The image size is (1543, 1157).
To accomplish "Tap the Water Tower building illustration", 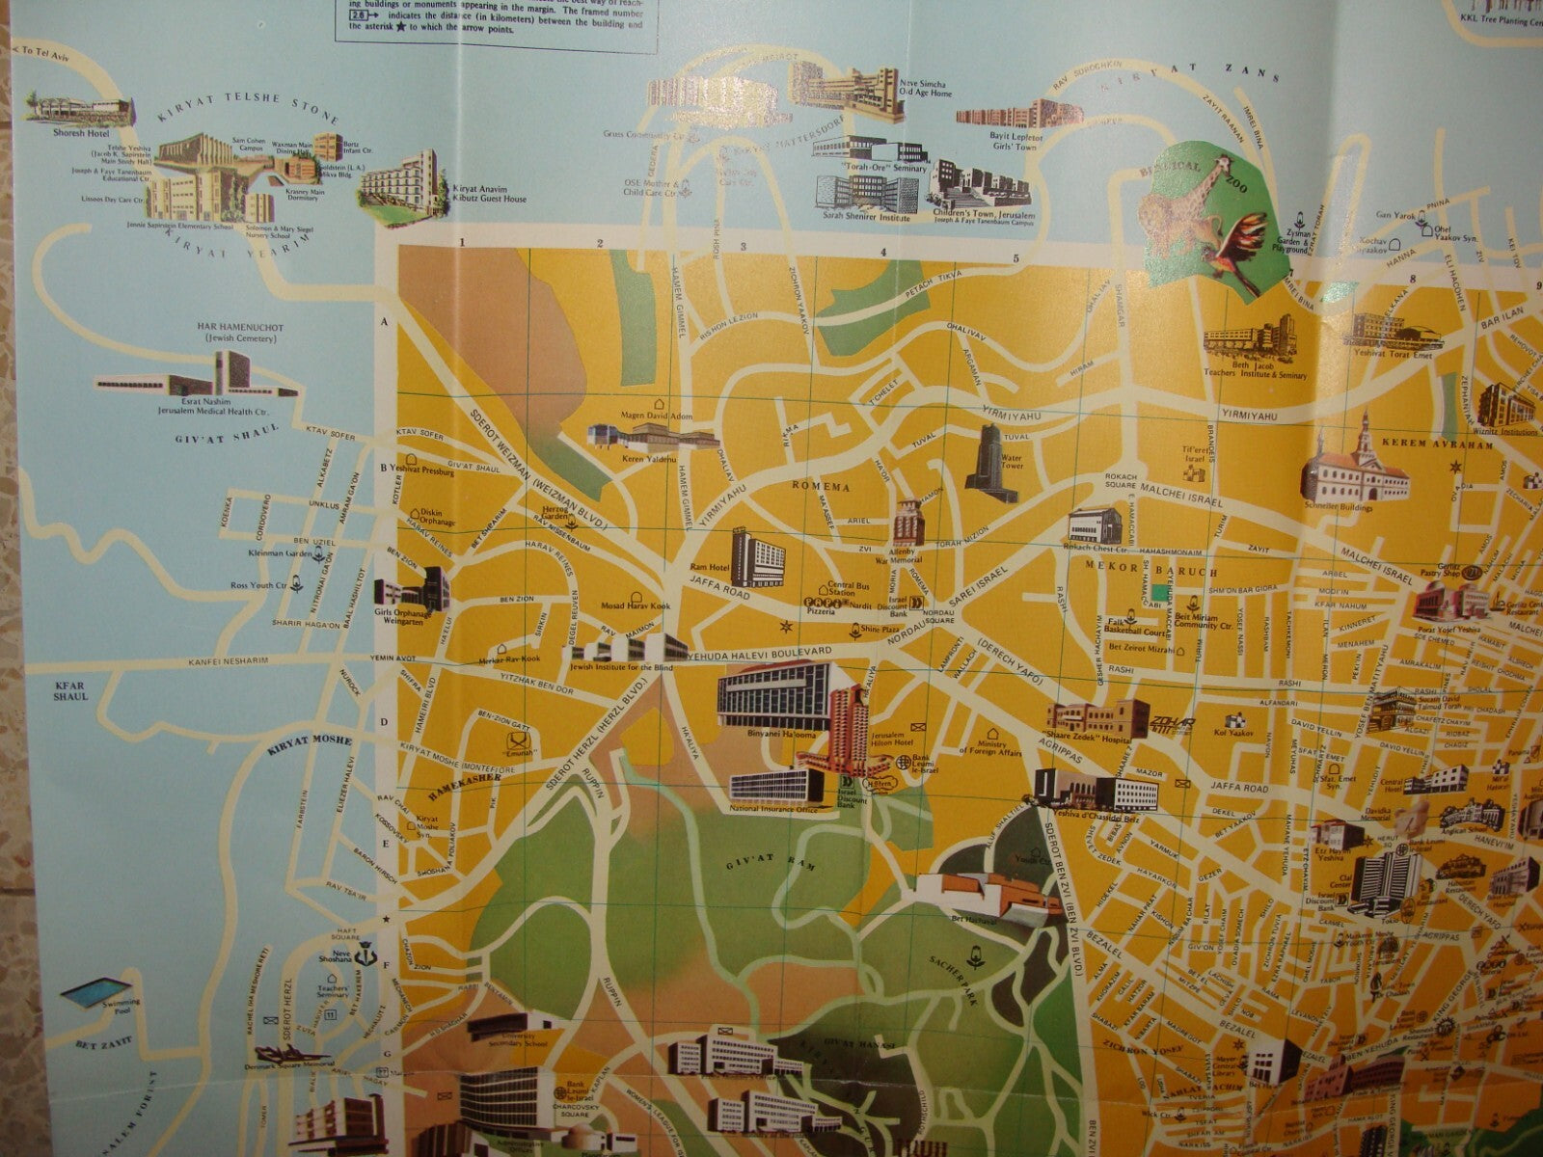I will click(993, 463).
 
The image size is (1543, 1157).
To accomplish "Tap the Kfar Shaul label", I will click(70, 690).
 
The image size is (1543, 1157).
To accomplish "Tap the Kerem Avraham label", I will click(1422, 443).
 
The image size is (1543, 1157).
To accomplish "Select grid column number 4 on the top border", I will click(883, 254).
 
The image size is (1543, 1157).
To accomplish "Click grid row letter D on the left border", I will click(383, 721).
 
